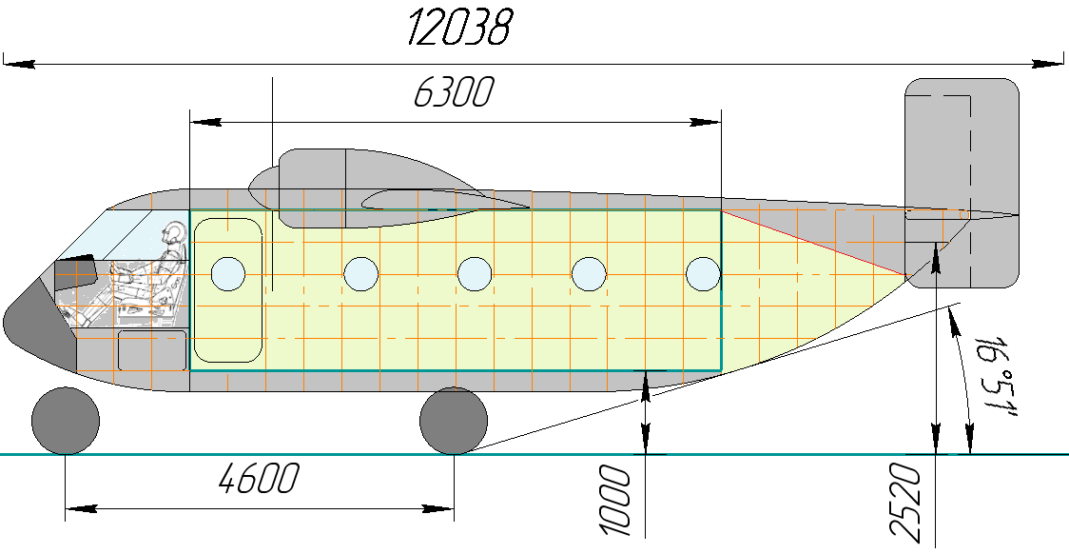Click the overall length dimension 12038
tap(459, 29)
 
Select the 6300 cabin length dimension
tap(454, 93)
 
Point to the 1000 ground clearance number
tap(617, 499)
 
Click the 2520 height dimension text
tap(910, 505)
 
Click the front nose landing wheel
tap(66, 422)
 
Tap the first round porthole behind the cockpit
tap(228, 274)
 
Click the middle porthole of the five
tap(475, 274)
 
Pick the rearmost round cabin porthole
tap(703, 274)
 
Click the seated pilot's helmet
tap(174, 233)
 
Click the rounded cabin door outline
tap(228, 289)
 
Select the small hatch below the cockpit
tap(151, 350)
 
